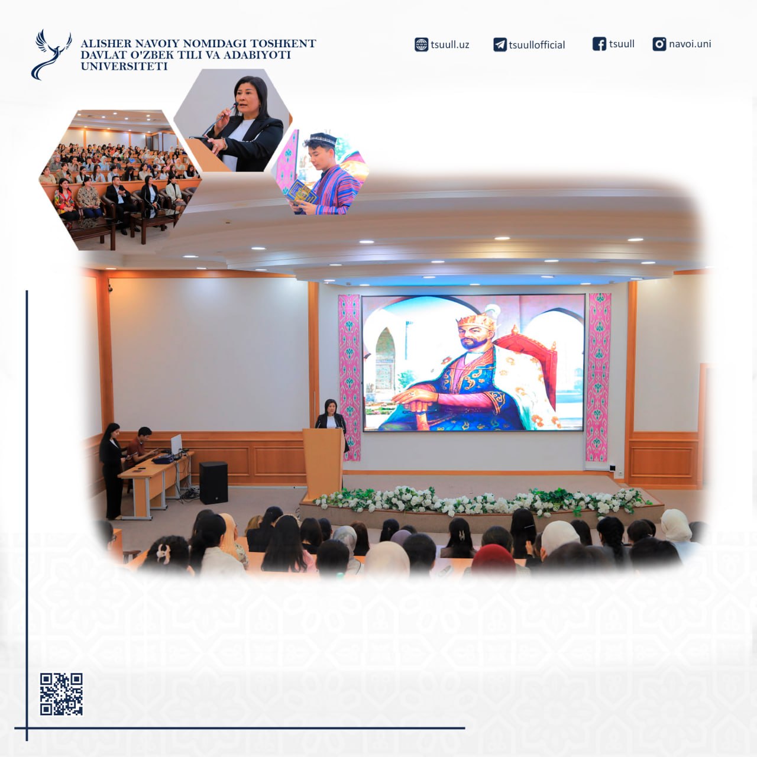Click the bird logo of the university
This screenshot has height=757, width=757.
pyautogui.click(x=51, y=54)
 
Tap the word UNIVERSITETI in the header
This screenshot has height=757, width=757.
pyautogui.click(x=124, y=66)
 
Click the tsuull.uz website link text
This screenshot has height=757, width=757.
pyautogui.click(x=450, y=45)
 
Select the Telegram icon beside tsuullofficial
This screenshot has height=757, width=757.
pyautogui.click(x=500, y=45)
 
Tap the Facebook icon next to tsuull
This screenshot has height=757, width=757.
pyautogui.click(x=599, y=44)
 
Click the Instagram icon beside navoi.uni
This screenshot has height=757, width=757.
pyautogui.click(x=659, y=44)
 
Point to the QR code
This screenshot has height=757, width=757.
pyautogui.click(x=62, y=694)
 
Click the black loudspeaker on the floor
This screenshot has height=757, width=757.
pyautogui.click(x=213, y=483)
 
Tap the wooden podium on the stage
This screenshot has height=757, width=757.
pyautogui.click(x=323, y=464)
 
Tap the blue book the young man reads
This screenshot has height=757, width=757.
pyautogui.click(x=302, y=192)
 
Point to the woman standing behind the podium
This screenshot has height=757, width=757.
pyautogui.click(x=331, y=415)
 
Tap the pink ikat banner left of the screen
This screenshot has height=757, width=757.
pyautogui.click(x=350, y=377)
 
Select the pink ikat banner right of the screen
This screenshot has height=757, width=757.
pyautogui.click(x=598, y=377)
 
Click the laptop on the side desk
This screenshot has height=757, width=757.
pyautogui.click(x=176, y=445)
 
